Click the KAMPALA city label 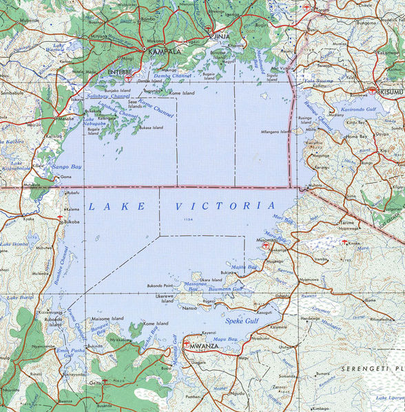pos(162,52)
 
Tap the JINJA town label pos(221,36)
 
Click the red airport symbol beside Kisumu pos(373,90)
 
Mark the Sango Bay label pos(67,166)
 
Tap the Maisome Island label pos(107,318)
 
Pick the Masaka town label pos(66,118)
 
